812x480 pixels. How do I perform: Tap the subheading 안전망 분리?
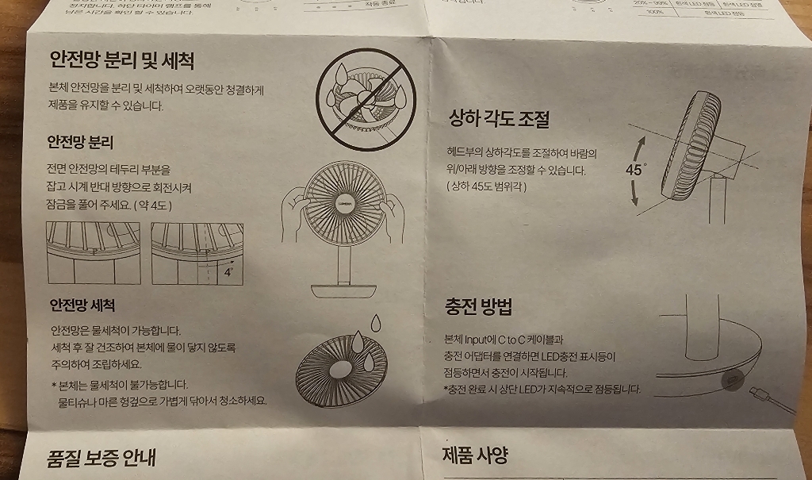[x=80, y=143]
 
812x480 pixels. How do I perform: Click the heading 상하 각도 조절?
[x=499, y=119]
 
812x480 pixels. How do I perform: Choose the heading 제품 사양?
[x=474, y=455]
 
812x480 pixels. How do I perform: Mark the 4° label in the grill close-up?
[x=228, y=271]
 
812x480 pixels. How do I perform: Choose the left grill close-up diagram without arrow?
[x=93, y=252]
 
